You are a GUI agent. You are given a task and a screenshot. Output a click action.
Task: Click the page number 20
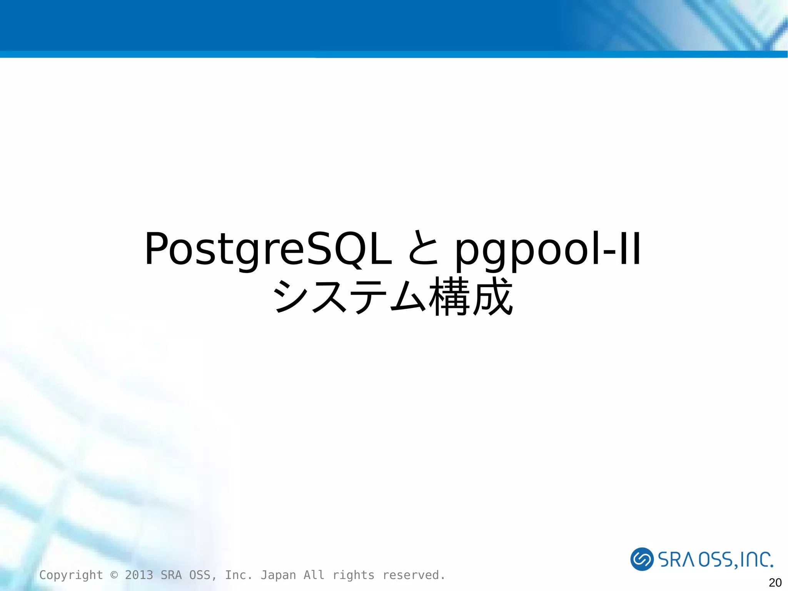pyautogui.click(x=775, y=583)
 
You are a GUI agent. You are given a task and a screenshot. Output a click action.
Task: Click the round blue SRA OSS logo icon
pyautogui.click(x=641, y=559)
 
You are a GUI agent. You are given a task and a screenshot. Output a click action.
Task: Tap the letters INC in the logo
pyautogui.click(x=756, y=560)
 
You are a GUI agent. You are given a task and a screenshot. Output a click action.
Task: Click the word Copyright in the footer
pyautogui.click(x=71, y=575)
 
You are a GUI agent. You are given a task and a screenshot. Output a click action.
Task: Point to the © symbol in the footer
pyautogui.click(x=114, y=575)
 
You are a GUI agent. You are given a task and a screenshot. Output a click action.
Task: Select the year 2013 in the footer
pyautogui.click(x=139, y=575)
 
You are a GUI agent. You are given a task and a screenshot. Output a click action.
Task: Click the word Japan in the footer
pyautogui.click(x=278, y=575)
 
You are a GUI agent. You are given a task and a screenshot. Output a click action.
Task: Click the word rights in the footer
pyautogui.click(x=353, y=575)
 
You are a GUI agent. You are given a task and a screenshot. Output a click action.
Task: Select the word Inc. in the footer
pyautogui.click(x=239, y=575)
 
